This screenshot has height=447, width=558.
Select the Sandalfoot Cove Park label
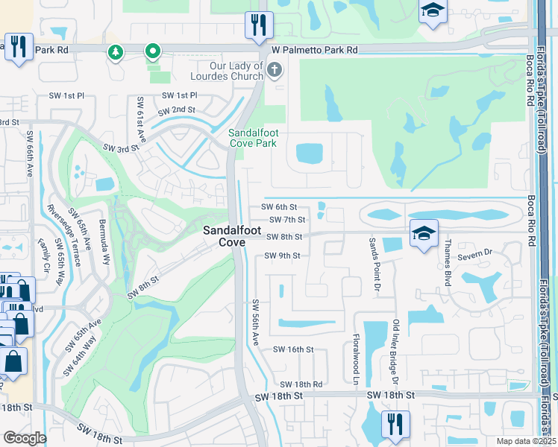[x=252, y=138]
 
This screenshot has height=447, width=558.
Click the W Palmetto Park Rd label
[x=314, y=50]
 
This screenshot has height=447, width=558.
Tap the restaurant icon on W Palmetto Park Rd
[x=259, y=25]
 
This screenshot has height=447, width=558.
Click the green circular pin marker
[x=153, y=51]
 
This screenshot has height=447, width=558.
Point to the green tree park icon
[x=115, y=51]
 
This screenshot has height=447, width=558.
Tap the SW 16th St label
[x=292, y=349]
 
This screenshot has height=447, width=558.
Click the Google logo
[x=25, y=438]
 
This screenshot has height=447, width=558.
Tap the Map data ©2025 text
[x=526, y=441]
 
